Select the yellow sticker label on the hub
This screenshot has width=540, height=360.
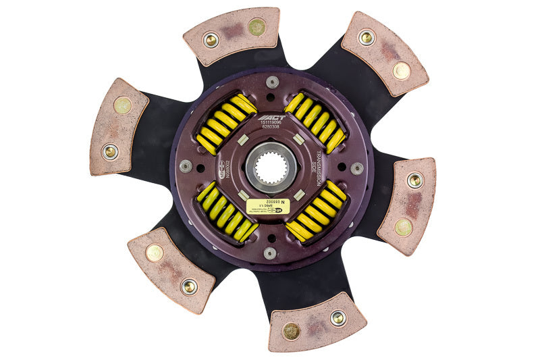click(x=268, y=206)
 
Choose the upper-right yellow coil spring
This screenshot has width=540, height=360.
click(x=315, y=122)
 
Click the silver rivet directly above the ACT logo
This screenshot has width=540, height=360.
click(x=272, y=82)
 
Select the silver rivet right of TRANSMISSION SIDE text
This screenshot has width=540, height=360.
click(x=357, y=168)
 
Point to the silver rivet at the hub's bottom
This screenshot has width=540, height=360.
click(x=271, y=253)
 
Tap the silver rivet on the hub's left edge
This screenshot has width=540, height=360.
click(x=185, y=165)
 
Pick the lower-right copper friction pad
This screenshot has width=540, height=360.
click(x=407, y=205)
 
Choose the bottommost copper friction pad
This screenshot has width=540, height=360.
click(x=317, y=323)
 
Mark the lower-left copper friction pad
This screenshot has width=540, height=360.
click(x=171, y=269)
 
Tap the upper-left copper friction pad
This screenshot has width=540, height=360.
click(x=118, y=126)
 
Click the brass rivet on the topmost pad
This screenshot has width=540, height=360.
click(x=256, y=28)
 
